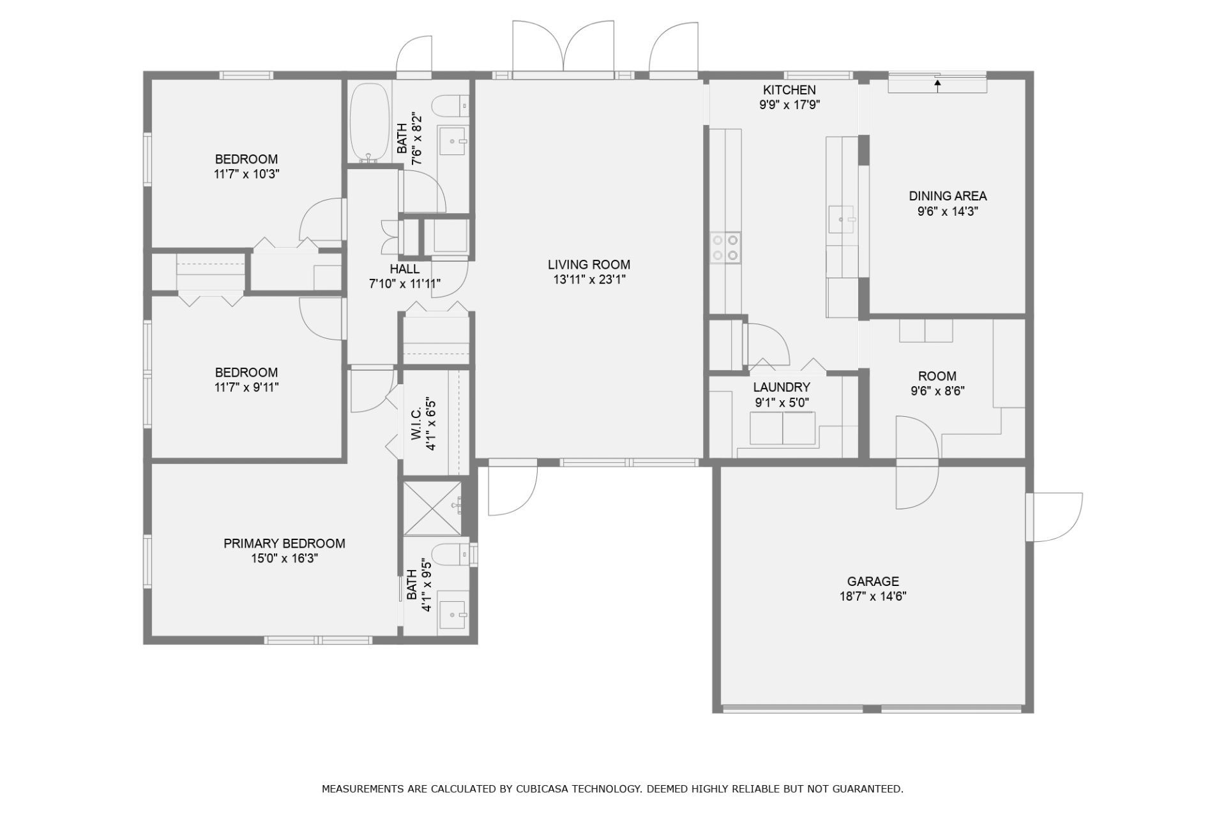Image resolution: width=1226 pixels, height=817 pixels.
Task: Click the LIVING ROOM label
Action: tap(589, 264)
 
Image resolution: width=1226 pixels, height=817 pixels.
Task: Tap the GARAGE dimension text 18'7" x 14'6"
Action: tap(873, 597)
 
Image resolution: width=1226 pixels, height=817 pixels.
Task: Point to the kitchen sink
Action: tap(842, 220)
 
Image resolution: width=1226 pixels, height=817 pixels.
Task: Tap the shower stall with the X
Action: tap(432, 507)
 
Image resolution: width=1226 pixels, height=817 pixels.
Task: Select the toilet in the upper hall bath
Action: tap(452, 105)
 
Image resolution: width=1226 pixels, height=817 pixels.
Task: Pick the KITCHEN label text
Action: tap(789, 90)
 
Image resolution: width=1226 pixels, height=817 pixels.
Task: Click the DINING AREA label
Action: tap(948, 196)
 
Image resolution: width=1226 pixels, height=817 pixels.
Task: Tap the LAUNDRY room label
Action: tap(782, 387)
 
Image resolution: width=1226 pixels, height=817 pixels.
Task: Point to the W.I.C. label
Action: tap(416, 424)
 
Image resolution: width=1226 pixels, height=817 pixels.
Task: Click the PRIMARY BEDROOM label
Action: tap(284, 543)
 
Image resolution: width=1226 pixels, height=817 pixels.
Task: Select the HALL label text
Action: tap(405, 269)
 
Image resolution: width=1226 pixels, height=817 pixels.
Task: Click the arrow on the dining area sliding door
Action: tap(937, 86)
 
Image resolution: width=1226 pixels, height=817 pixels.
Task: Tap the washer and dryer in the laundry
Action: tap(782, 428)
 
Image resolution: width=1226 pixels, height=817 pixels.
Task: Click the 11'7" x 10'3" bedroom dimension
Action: tap(247, 174)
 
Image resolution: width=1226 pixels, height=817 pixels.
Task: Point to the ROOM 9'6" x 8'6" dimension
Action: tap(937, 391)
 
